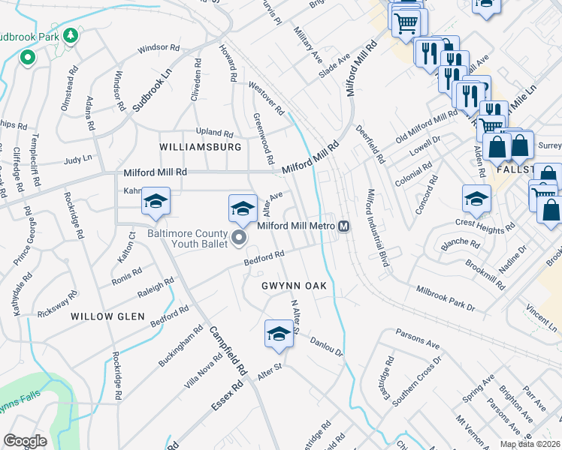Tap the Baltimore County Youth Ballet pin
[x=240, y=239]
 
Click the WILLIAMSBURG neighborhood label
[x=201, y=147]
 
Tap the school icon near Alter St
[x=279, y=334]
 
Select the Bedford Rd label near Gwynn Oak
[x=263, y=259]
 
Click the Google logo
[x=25, y=441]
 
